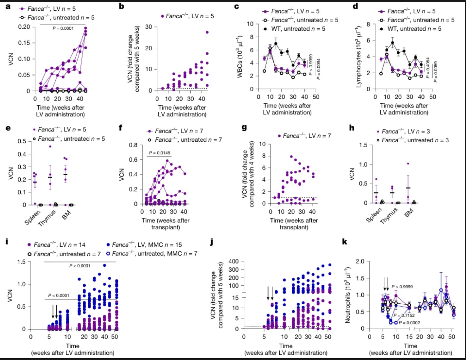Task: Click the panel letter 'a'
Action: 8,6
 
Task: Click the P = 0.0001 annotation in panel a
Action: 63,28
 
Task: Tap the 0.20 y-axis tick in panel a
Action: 24,27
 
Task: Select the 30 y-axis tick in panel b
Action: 148,27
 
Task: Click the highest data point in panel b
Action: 207,32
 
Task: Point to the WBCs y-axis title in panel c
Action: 240,56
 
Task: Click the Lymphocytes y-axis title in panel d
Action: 359,56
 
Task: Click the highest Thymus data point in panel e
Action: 50,146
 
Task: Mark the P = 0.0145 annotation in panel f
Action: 159,153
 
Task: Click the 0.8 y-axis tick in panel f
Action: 133,145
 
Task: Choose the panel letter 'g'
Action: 244,127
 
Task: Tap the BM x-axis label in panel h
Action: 409,213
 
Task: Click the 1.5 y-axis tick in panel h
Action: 363,145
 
